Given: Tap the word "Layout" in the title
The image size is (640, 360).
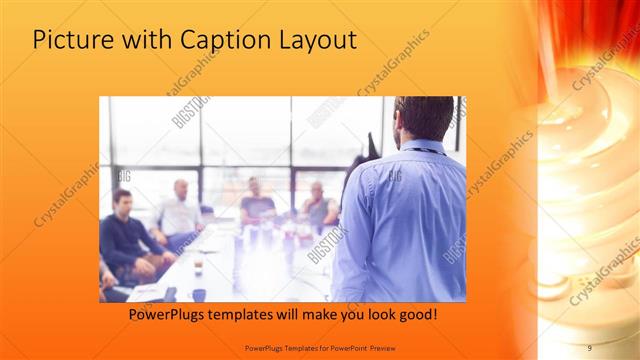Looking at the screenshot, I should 318,41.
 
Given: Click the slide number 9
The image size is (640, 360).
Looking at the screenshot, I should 589,347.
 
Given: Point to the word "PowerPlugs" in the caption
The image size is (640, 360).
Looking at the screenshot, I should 171,315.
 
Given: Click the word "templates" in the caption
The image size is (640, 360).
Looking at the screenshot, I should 253,315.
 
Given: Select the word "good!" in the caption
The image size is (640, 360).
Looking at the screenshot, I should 414,315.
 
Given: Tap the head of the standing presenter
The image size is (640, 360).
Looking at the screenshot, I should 411,117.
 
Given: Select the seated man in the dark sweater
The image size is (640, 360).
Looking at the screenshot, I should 125,235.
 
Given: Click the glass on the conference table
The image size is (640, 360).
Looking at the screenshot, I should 198,265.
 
